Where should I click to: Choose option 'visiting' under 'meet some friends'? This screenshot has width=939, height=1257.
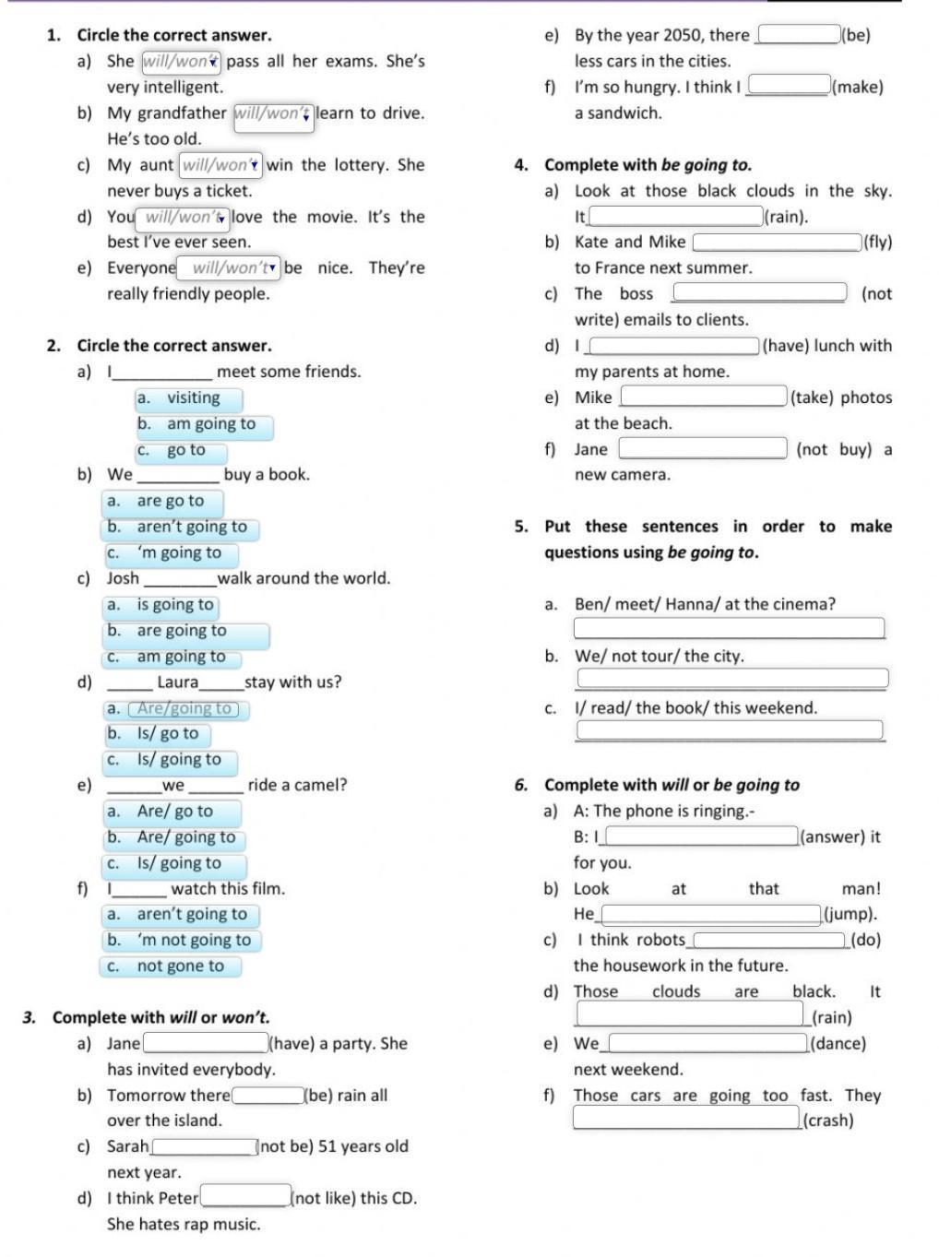(x=189, y=398)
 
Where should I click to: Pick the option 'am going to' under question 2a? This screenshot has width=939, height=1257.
(x=205, y=424)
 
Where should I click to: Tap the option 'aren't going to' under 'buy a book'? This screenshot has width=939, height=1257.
(x=181, y=528)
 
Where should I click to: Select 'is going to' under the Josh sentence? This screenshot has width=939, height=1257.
(x=161, y=606)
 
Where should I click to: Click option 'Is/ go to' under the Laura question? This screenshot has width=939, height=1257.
(x=158, y=734)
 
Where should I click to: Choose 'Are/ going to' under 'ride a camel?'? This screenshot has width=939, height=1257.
(x=175, y=837)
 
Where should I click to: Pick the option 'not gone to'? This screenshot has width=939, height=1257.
(x=171, y=966)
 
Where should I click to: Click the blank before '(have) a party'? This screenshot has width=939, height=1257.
(x=205, y=1043)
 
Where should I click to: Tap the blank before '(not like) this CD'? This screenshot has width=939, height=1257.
(x=245, y=1198)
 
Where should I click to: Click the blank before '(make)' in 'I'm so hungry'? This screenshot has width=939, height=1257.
(x=788, y=87)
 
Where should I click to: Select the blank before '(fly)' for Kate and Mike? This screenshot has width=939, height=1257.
(x=777, y=243)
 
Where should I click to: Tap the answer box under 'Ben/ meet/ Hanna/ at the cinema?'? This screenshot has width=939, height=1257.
(x=729, y=629)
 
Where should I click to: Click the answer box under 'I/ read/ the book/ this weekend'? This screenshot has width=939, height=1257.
(x=729, y=731)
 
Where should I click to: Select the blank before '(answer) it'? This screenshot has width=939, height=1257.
(x=702, y=836)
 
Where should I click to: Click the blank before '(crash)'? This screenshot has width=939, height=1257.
(x=686, y=1119)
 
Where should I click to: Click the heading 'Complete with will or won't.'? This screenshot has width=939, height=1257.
(x=160, y=1017)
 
